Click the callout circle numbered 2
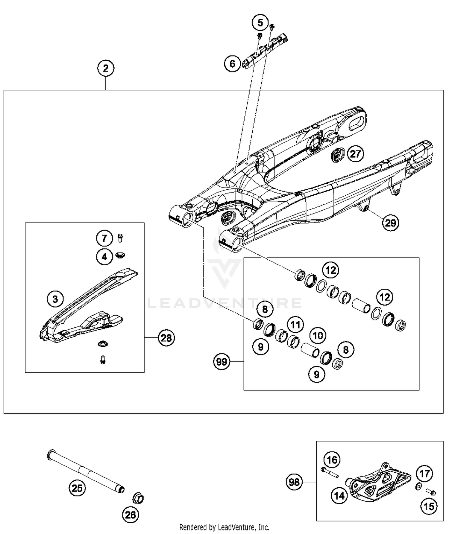click(x=106, y=69)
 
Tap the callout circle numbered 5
click(x=260, y=23)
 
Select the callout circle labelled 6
click(x=233, y=64)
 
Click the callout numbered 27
click(x=355, y=154)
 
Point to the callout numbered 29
click(x=390, y=223)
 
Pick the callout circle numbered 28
click(x=166, y=338)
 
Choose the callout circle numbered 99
click(x=222, y=362)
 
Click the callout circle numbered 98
click(x=294, y=482)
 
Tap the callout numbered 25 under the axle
click(x=77, y=488)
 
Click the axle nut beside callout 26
click(x=138, y=498)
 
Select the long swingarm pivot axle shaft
click(x=85, y=471)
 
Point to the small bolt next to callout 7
click(x=120, y=238)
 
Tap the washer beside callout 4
click(x=120, y=255)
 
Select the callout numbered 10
click(x=318, y=335)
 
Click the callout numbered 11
click(x=295, y=325)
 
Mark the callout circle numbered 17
click(x=424, y=474)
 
